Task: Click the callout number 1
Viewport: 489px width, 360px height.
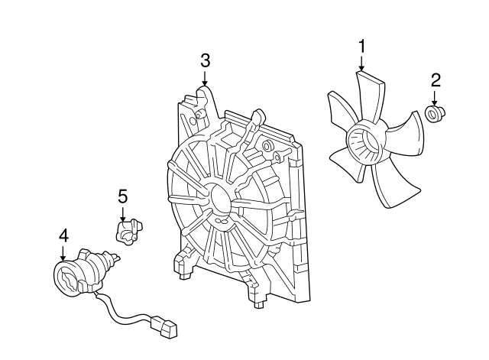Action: (361, 47)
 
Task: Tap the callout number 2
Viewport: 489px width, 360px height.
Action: (436, 80)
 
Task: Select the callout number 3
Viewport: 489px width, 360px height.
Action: (205, 60)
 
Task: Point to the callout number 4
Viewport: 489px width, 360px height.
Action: (63, 235)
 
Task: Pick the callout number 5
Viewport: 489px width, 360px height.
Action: (122, 196)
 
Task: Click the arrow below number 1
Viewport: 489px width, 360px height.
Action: (361, 63)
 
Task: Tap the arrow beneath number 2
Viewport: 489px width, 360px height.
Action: (434, 99)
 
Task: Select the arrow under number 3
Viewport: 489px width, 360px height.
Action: (205, 78)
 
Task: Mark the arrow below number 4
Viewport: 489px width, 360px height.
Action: (63, 253)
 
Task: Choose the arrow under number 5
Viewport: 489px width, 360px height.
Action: (122, 214)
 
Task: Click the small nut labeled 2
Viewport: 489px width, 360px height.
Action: (435, 114)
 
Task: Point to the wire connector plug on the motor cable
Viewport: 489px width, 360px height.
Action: (164, 328)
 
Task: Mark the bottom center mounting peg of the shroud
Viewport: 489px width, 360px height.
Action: (258, 305)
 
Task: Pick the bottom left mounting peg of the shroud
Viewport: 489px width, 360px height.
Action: (186, 276)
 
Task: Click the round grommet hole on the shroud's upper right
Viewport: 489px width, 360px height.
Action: (267, 146)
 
